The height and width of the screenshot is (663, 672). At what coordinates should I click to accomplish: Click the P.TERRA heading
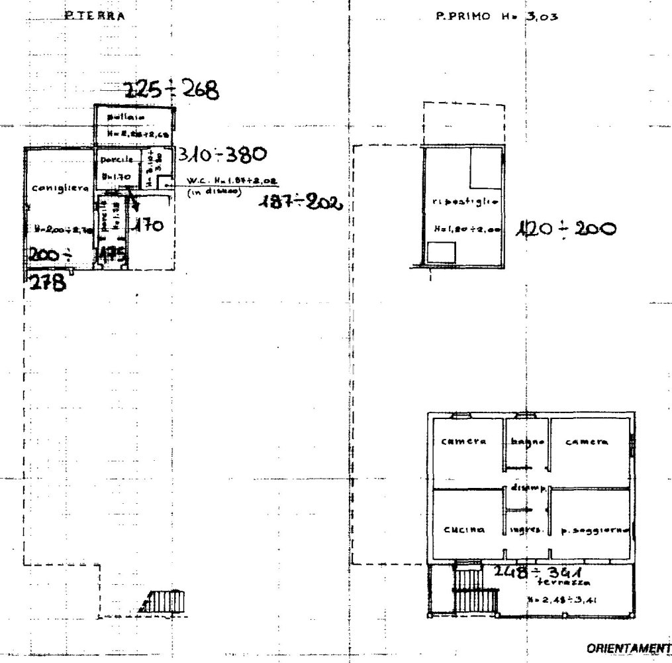coord(95,16)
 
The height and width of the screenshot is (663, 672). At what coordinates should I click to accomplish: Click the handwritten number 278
coord(46,284)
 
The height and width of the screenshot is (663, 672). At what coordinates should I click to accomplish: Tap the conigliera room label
coord(60,188)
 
